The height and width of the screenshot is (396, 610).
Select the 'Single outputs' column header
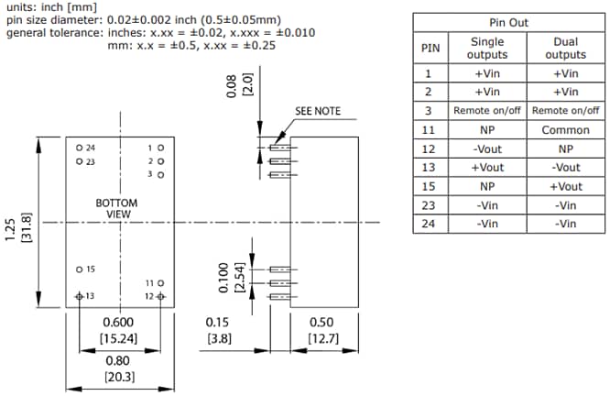click(x=487, y=48)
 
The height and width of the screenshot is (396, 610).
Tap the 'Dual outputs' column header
click(x=565, y=48)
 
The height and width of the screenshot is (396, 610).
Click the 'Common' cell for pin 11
click(x=565, y=130)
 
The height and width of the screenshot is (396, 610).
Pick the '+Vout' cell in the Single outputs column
click(x=487, y=168)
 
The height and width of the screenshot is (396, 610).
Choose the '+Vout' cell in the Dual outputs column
click(x=565, y=186)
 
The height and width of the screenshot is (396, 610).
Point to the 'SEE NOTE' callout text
click(x=318, y=111)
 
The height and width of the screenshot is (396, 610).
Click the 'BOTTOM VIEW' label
click(x=116, y=208)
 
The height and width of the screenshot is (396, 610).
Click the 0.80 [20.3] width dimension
click(x=118, y=368)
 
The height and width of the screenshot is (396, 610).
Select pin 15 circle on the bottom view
click(x=80, y=269)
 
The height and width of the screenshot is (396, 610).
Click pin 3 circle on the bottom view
click(x=161, y=173)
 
